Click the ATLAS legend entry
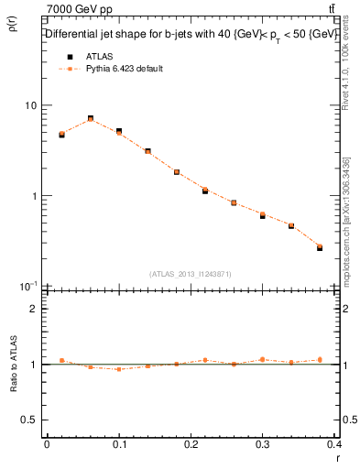click(x=86, y=56)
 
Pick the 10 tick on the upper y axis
click(x=31, y=105)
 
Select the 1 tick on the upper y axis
click(x=35, y=196)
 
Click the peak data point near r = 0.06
click(x=90, y=119)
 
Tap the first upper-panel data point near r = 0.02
click(x=61, y=134)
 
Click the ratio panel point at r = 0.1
click(x=119, y=369)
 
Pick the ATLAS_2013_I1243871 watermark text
click(x=191, y=274)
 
